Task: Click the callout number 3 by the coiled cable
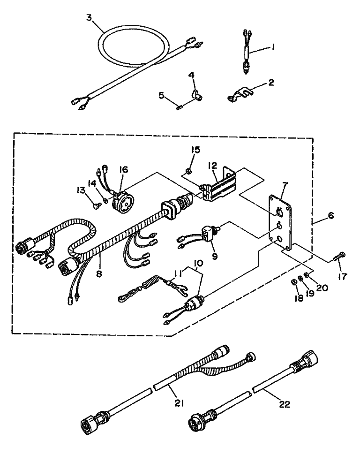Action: pyautogui.click(x=89, y=18)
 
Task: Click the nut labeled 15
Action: pyautogui.click(x=187, y=171)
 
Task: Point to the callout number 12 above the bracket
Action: pyautogui.click(x=212, y=166)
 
